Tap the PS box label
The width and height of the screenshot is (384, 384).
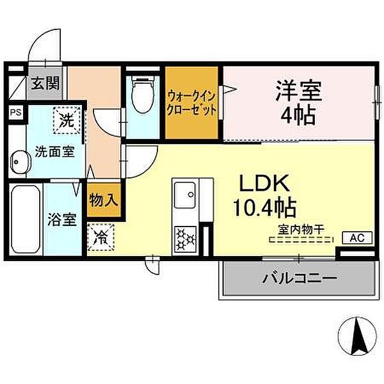click(x=15, y=112)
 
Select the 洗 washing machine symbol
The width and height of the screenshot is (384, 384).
click(x=65, y=118)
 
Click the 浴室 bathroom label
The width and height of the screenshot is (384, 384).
click(x=63, y=220)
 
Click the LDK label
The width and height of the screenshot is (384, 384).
click(x=266, y=184)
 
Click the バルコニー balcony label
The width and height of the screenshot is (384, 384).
click(x=300, y=280)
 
